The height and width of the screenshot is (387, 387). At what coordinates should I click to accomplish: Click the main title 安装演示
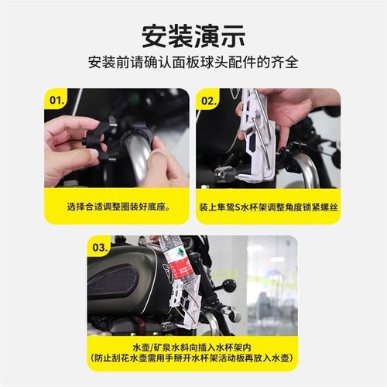(x=193, y=35)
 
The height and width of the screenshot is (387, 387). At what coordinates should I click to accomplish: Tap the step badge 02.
(x=208, y=100)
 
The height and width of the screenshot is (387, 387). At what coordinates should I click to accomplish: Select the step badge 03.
(x=99, y=248)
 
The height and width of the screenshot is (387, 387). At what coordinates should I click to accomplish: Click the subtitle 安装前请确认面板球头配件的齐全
(x=193, y=63)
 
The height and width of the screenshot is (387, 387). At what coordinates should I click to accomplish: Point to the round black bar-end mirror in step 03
(x=229, y=286)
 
